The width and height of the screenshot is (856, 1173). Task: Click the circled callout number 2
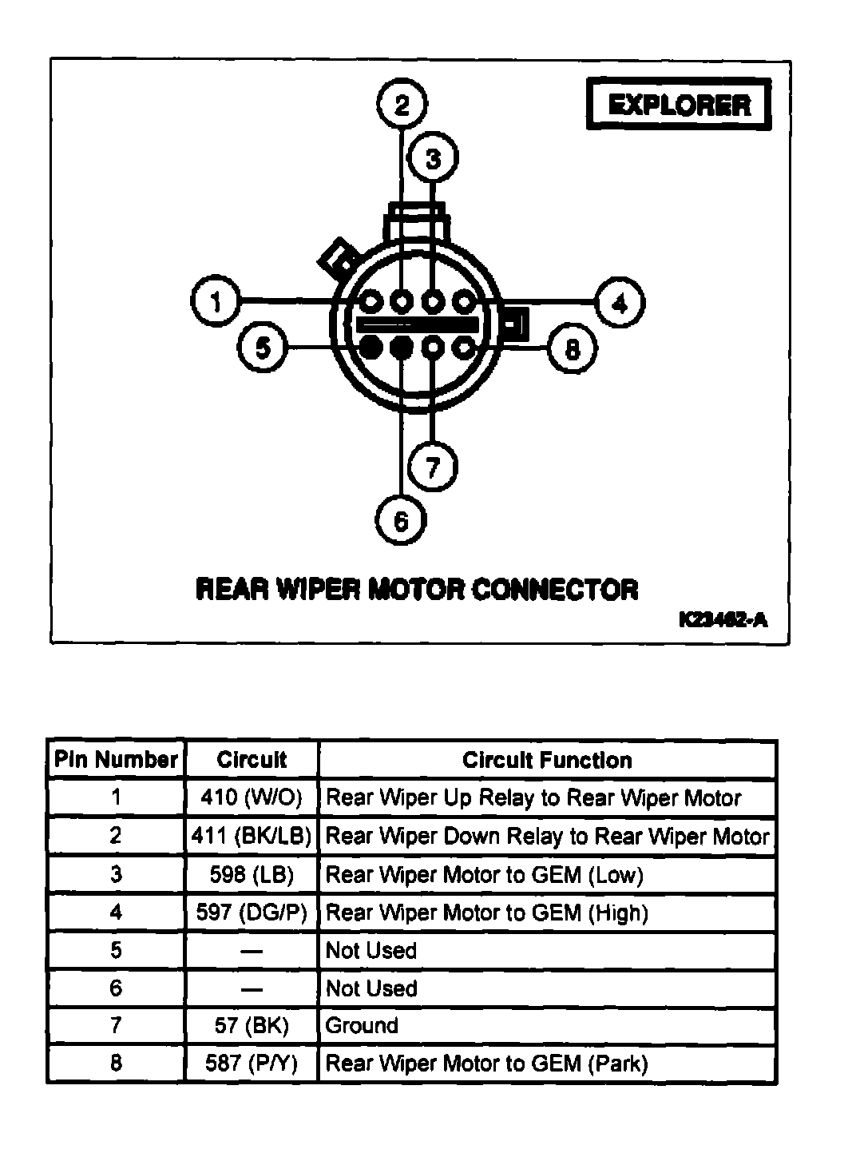pos(402,105)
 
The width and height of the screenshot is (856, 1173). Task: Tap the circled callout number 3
pos(433,158)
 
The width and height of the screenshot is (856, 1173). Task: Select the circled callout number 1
pos(216,302)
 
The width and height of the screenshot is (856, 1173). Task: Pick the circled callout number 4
pos(620,302)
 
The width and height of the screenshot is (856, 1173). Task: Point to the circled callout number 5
pos(263,348)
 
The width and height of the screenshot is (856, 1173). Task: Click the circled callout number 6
pos(401,520)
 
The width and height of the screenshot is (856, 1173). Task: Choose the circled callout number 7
pos(433,466)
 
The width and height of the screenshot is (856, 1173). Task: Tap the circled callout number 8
pos(573,348)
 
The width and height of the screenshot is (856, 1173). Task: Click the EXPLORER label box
pos(680,104)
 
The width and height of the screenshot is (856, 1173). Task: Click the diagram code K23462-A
pos(723,619)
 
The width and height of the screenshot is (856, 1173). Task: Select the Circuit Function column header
pos(547,760)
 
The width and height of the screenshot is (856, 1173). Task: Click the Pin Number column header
pos(116,760)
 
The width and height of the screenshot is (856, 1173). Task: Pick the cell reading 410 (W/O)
pos(252,797)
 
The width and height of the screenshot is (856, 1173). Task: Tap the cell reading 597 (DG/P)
pos(252,913)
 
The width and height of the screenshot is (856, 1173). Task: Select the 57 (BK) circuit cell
pos(252,1026)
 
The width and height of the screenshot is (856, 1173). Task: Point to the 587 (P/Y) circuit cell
pos(252,1064)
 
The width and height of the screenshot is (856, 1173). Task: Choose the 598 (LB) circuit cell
pos(252,875)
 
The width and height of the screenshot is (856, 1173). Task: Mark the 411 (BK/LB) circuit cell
pos(252,837)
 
